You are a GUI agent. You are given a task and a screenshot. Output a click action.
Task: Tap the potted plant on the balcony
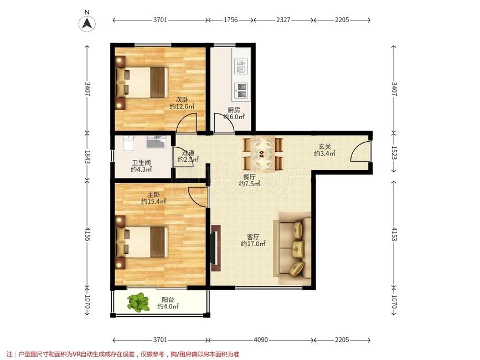pyautogui.click(x=138, y=302)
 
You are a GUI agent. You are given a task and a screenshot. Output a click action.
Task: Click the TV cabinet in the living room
pyautogui.click(x=216, y=248)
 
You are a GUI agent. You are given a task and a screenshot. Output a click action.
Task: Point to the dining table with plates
pyautogui.click(x=262, y=153)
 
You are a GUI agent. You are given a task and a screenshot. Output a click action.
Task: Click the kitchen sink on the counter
pyautogui.click(x=241, y=66)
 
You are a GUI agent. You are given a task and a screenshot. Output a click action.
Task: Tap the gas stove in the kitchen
pyautogui.click(x=241, y=91)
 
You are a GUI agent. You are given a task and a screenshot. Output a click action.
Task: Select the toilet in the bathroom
pyautogui.click(x=129, y=143)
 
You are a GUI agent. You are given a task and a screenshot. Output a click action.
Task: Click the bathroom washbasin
pyautogui.click(x=156, y=142)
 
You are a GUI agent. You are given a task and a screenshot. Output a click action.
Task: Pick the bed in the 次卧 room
pyautogui.click(x=142, y=83)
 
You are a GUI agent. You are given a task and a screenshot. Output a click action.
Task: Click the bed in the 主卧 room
pyautogui.click(x=142, y=242)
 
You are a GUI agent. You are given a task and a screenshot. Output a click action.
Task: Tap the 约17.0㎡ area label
pyautogui.click(x=253, y=244)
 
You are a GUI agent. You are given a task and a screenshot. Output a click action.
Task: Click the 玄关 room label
pyautogui.click(x=324, y=147)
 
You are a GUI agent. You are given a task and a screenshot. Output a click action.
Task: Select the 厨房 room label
pyautogui.click(x=234, y=110)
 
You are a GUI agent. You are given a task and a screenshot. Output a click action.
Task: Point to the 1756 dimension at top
pyautogui.click(x=230, y=20)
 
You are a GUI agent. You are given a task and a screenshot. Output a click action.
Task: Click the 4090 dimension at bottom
pyautogui.click(x=261, y=340)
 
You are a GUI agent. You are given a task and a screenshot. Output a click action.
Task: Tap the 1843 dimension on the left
pyautogui.click(x=87, y=157)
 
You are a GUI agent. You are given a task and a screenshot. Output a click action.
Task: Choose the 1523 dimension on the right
pyautogui.click(x=394, y=152)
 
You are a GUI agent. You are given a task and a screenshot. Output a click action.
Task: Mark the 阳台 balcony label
pyautogui.click(x=168, y=300)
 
